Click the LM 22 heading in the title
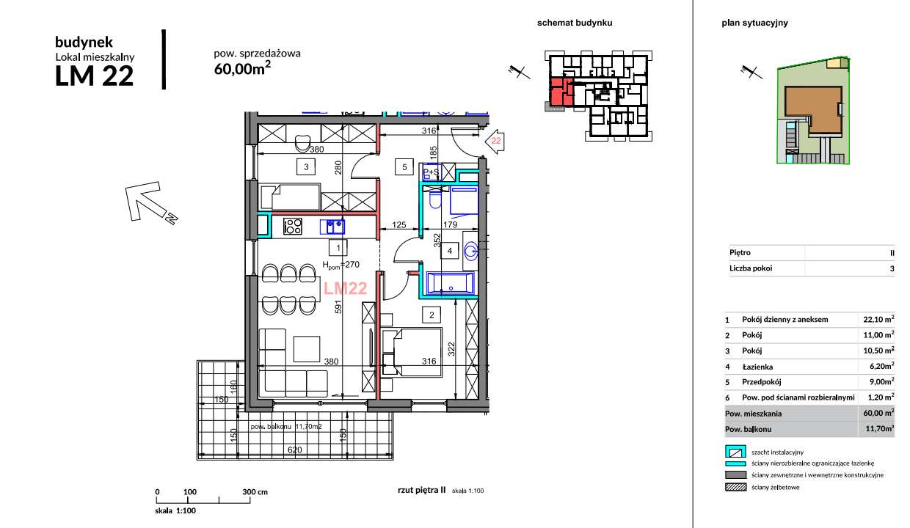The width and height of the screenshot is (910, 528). pyautogui.click(x=95, y=76)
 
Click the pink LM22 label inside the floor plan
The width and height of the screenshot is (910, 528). pyautogui.click(x=345, y=289)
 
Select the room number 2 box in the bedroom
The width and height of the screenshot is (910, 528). pyautogui.click(x=432, y=315)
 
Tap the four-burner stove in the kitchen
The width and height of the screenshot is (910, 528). pyautogui.click(x=293, y=227)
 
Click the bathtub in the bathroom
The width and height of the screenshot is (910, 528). pyautogui.click(x=451, y=283)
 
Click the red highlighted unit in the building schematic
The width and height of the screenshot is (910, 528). pyautogui.click(x=560, y=92)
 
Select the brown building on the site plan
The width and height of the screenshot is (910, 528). pyautogui.click(x=812, y=110)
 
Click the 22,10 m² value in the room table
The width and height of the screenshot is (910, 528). pyautogui.click(x=877, y=320)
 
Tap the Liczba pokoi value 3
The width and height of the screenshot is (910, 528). pyautogui.click(x=892, y=268)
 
